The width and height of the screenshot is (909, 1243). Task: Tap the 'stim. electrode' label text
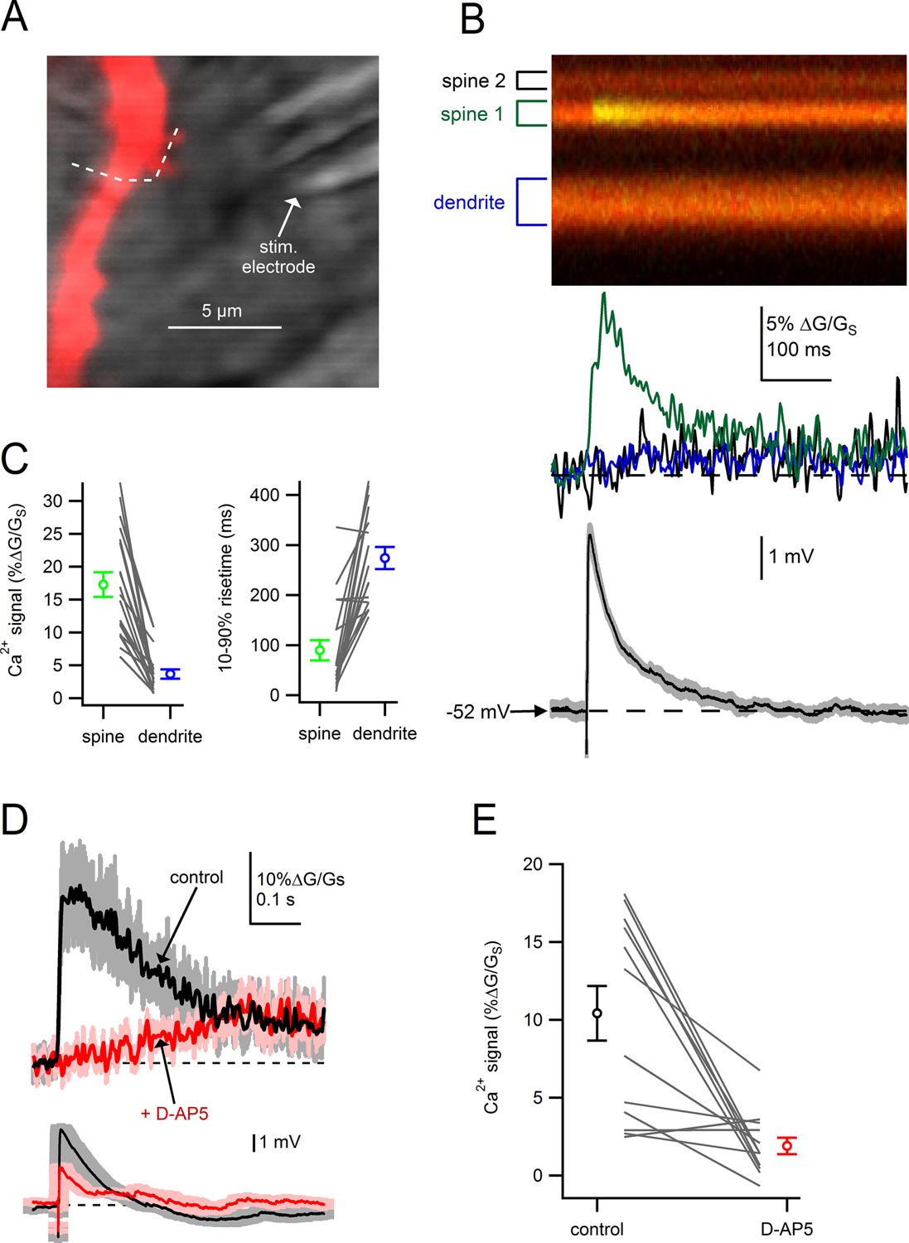point(278,259)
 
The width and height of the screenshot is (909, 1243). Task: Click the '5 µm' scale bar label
point(221,312)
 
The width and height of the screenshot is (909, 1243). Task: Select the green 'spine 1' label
point(471,114)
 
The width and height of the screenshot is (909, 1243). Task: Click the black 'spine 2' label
point(473,81)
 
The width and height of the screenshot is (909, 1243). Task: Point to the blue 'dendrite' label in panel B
point(469,202)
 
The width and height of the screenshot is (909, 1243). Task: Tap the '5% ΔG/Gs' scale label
point(811,325)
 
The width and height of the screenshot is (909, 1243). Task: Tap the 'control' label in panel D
point(196,878)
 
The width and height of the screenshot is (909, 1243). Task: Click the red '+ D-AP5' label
point(174,1113)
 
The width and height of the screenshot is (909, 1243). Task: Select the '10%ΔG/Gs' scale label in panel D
point(300,879)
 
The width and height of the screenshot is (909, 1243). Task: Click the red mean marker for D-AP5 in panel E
point(786,1146)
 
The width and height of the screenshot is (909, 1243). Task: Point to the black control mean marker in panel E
point(597,1013)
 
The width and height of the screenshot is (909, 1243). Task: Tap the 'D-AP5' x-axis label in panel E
point(786,1229)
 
